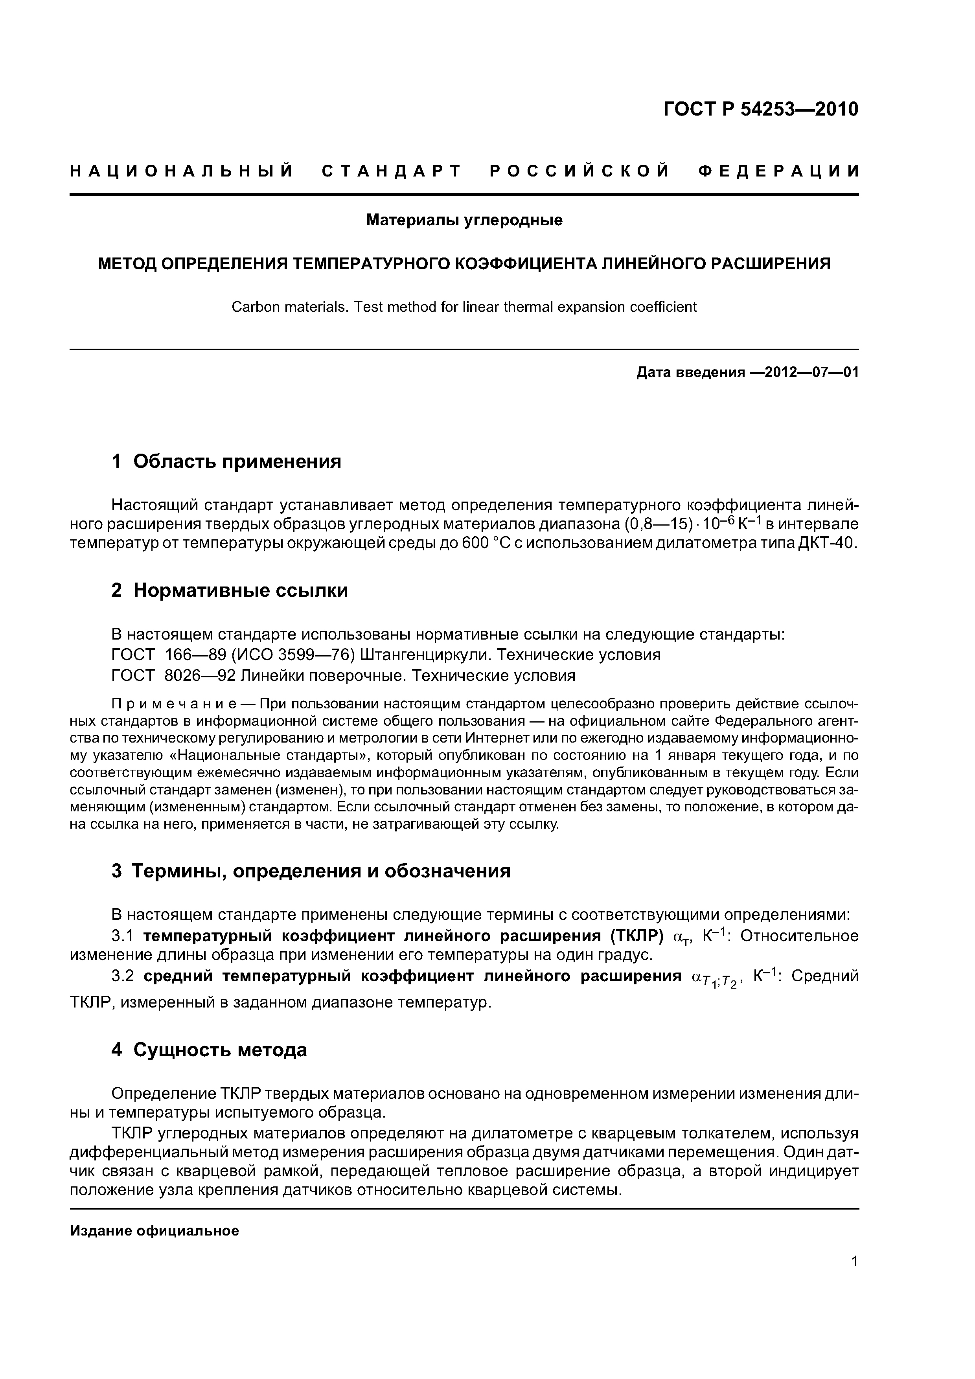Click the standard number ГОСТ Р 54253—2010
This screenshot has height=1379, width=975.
(760, 109)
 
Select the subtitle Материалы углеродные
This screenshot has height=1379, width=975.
(464, 221)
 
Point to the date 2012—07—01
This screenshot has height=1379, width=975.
(805, 372)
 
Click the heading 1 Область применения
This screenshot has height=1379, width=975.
(226, 461)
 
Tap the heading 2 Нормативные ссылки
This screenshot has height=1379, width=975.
(230, 590)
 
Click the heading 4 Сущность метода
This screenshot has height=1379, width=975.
(209, 1049)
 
